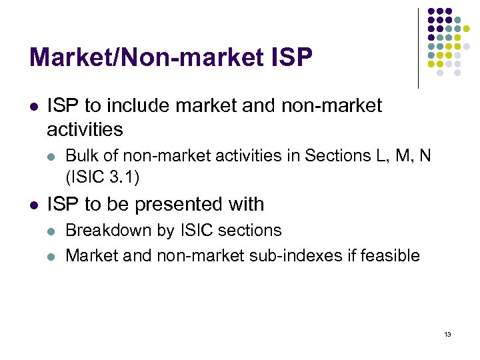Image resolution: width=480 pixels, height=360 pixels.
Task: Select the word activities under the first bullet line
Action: (x=85, y=128)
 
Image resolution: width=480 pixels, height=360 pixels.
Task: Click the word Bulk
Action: (x=81, y=156)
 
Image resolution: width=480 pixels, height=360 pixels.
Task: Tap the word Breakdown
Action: (x=109, y=231)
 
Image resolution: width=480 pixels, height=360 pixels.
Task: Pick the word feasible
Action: (x=392, y=255)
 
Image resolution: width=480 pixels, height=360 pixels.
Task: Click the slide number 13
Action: (x=447, y=334)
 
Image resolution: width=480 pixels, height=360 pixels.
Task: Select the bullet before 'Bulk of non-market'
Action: (x=53, y=157)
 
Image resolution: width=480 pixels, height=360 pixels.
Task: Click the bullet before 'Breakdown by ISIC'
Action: (x=53, y=231)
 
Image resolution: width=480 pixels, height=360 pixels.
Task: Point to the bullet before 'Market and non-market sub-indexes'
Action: (x=53, y=255)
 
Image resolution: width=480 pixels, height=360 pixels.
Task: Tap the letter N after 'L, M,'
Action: (x=425, y=156)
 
